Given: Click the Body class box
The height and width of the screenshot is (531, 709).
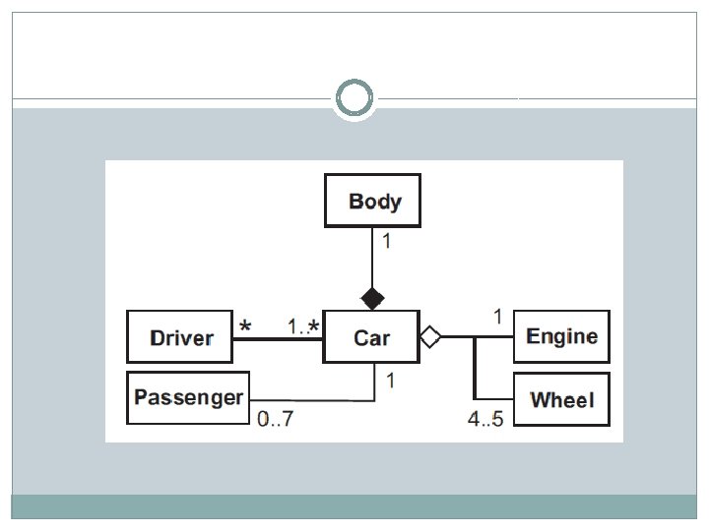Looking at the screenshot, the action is (x=372, y=201).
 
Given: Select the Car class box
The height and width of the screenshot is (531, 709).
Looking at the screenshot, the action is (x=371, y=337).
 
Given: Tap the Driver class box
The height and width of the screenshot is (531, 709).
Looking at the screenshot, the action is (x=179, y=337).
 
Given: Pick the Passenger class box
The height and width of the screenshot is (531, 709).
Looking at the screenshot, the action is (x=188, y=398).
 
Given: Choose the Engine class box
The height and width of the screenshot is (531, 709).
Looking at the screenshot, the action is (x=561, y=337).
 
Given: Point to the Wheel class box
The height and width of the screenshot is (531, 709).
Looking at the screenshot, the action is (x=561, y=399).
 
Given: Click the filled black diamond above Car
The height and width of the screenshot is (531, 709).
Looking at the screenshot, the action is (x=372, y=299).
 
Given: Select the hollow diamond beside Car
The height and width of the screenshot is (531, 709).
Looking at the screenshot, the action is (x=430, y=337).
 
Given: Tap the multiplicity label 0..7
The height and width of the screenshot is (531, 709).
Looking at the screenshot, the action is (x=275, y=419).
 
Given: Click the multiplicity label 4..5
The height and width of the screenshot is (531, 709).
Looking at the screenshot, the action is (x=485, y=419).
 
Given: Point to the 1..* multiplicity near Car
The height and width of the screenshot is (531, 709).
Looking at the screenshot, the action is (x=303, y=326).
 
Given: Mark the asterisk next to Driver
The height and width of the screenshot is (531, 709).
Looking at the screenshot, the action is (x=245, y=325).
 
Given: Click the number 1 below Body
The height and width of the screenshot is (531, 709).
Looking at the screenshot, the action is (x=387, y=241).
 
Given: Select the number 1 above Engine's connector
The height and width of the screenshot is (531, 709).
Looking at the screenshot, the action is (x=498, y=317).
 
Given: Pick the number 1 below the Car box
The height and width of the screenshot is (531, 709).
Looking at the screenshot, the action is (x=391, y=381).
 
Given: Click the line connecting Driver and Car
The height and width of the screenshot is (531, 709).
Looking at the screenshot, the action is (x=278, y=338).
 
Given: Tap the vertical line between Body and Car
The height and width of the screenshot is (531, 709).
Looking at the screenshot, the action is (x=372, y=258).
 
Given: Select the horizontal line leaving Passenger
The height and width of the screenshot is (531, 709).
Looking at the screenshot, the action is (x=312, y=400).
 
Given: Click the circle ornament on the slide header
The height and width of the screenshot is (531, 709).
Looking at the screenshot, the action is (x=354, y=97).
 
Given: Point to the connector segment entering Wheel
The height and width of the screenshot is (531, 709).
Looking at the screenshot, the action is (x=493, y=399).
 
